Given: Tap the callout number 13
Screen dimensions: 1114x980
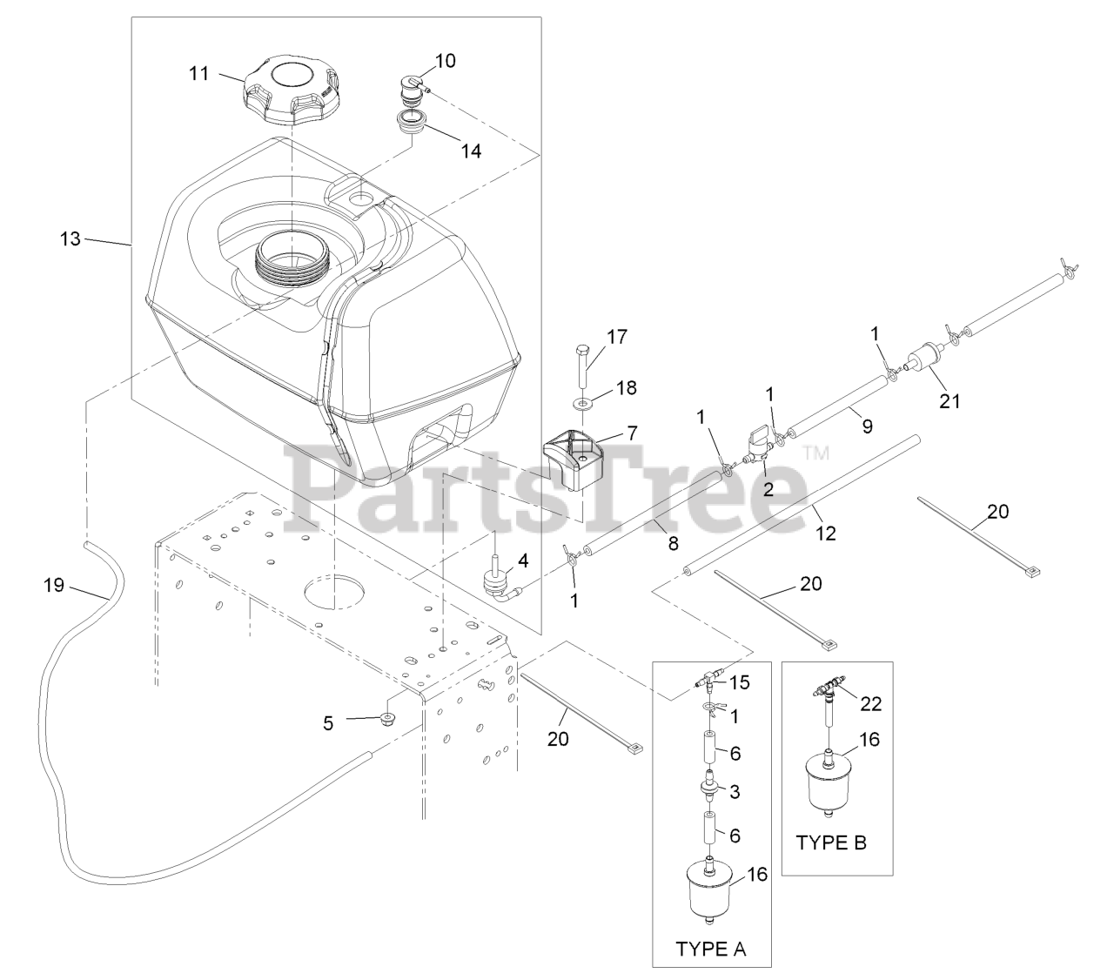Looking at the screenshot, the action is point(70,238).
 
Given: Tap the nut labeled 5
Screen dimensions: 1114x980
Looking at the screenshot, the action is point(387,718).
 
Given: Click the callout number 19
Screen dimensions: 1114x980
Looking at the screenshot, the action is point(54,585).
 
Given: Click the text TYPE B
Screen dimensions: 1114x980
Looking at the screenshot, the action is point(831,842).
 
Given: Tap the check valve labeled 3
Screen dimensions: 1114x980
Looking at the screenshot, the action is point(710,791).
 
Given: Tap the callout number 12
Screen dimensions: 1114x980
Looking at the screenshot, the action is point(825,533).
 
